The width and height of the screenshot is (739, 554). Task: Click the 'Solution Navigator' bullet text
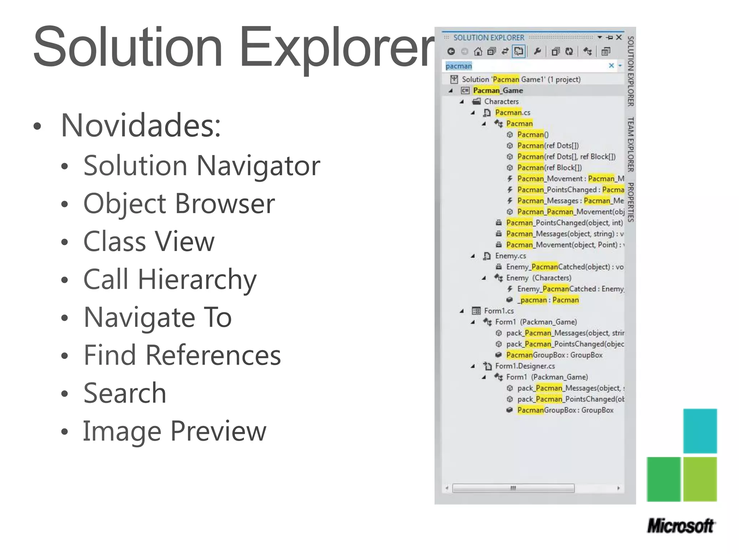201,166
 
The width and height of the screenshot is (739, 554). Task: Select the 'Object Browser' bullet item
179,204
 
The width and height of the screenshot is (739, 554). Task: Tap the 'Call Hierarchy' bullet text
170,280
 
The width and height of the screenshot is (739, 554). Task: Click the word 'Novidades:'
141,126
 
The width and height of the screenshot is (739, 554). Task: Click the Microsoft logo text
681,526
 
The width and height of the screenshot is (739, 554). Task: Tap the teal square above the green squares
700,431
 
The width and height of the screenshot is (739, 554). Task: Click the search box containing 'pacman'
523,66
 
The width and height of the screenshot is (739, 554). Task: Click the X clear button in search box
611,66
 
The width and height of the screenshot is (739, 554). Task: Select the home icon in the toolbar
478,52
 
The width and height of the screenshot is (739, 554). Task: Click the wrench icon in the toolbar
537,52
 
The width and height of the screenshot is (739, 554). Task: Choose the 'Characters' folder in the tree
501,102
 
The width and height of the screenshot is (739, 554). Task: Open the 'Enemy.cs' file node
510,256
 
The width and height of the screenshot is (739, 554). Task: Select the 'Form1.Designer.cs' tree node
525,366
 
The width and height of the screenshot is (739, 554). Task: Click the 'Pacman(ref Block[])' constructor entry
549,168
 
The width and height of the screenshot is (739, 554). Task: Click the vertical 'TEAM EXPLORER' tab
630,144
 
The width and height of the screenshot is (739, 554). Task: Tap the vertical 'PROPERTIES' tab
630,202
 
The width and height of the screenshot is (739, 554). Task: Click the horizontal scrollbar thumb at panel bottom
513,488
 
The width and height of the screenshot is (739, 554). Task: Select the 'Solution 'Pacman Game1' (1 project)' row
521,79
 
